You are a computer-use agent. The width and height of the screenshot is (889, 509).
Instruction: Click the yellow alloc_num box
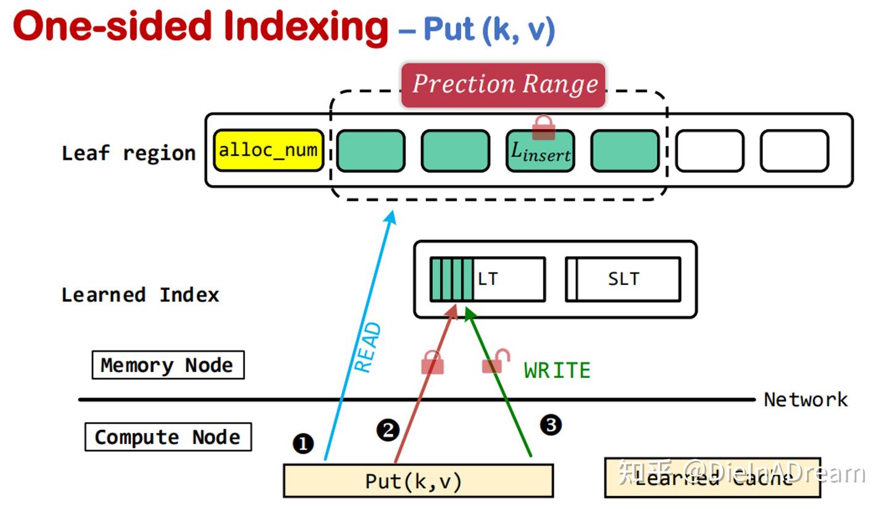269,150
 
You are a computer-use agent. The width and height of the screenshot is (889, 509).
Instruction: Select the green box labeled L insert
540,151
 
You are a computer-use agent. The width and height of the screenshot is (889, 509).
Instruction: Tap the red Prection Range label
504,85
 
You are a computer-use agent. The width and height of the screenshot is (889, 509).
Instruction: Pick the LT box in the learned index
488,279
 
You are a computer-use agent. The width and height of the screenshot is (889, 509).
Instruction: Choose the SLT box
624,279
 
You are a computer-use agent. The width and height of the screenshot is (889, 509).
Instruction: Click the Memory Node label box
167,365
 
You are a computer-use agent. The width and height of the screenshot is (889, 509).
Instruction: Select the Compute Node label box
167,437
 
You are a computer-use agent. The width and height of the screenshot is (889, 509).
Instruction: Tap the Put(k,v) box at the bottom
418,481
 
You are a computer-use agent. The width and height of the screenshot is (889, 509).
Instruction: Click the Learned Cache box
712,478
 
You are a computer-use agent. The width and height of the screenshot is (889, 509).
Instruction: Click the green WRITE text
557,370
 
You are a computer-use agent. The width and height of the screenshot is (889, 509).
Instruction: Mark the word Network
806,400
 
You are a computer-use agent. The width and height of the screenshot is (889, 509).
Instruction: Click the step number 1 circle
303,444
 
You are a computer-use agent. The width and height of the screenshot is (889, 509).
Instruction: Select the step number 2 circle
388,430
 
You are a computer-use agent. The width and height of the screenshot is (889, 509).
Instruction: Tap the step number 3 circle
551,424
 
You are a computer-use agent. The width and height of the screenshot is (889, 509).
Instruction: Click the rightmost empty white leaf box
794,151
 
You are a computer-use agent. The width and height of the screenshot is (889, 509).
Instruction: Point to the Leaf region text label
128,153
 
